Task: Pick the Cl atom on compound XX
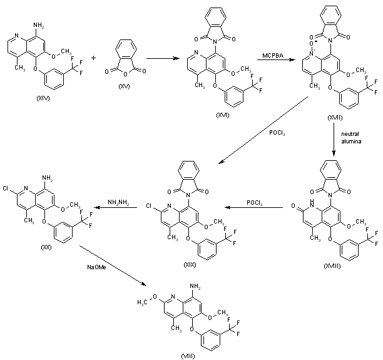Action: click(5, 187)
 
